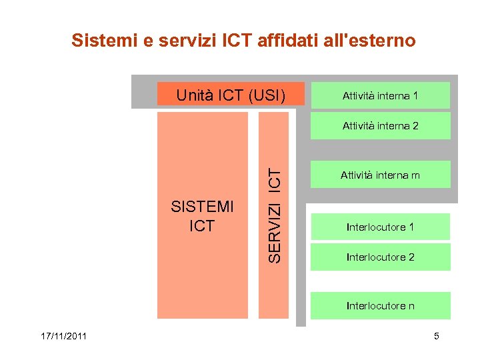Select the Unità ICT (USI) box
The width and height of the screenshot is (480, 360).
point(231,95)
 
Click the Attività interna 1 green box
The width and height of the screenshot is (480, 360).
point(380,95)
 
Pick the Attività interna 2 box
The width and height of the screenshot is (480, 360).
point(380,125)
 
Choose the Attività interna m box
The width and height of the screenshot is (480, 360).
point(380,175)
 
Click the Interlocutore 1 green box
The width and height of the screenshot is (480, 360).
point(380,227)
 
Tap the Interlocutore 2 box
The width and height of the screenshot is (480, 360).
point(380,257)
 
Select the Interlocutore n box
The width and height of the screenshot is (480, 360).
point(380,306)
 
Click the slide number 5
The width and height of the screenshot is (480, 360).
point(437,336)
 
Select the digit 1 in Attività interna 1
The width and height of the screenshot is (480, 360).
point(415,95)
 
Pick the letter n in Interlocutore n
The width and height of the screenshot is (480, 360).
point(411,306)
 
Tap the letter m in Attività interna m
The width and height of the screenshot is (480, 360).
point(416,175)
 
